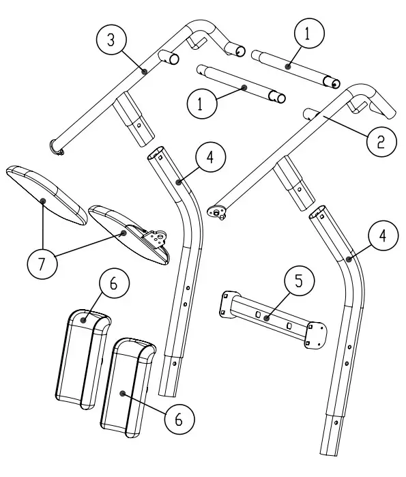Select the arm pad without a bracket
point(46,194)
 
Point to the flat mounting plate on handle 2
point(217,212)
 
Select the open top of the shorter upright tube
point(156,153)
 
